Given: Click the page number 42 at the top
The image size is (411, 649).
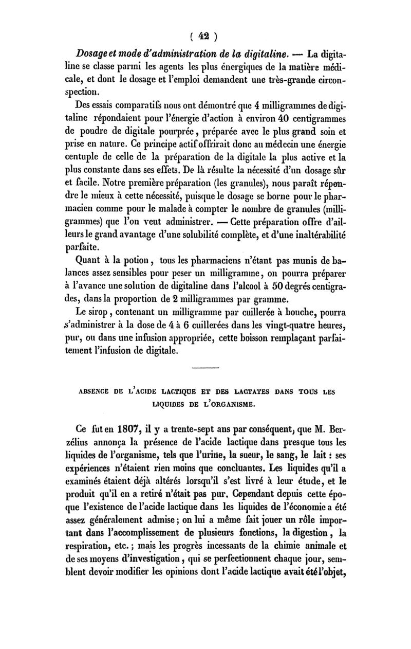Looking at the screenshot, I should (x=205, y=37).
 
